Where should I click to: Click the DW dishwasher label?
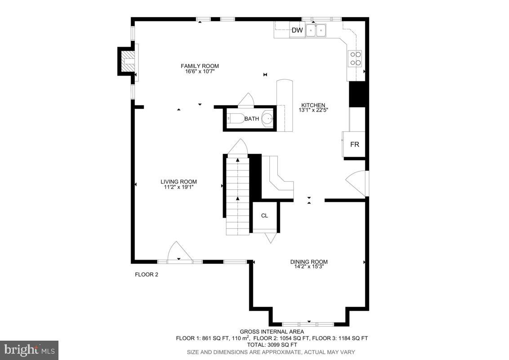tap(297, 31)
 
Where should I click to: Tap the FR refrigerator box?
tap(354, 144)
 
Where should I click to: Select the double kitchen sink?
tap(316, 31)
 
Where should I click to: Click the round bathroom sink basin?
tap(267, 119)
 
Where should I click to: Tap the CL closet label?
tap(264, 216)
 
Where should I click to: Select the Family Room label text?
tap(200, 66)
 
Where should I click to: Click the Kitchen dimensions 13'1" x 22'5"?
tap(313, 110)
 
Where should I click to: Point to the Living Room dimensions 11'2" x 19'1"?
tap(179, 187)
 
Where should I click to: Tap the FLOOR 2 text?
tap(147, 274)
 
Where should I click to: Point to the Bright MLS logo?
tap(29, 350)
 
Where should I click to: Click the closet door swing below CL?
tap(271, 238)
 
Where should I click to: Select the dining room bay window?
tap(309, 324)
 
